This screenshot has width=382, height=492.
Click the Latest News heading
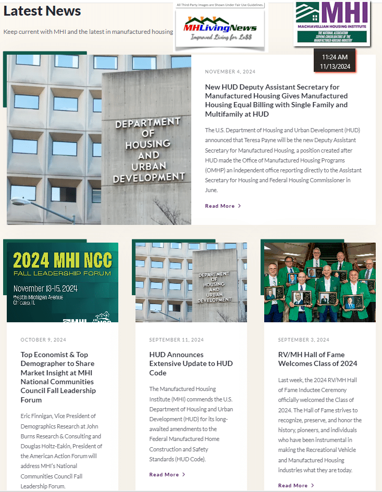tap(42, 11)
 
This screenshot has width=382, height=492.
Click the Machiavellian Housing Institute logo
tap(332, 22)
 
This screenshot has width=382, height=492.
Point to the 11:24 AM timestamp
tap(335, 57)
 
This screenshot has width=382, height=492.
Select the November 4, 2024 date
tap(230, 72)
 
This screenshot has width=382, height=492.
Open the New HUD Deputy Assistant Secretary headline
tap(276, 100)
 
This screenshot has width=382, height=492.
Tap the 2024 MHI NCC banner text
tap(62, 260)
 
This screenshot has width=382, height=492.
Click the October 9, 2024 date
tap(43, 340)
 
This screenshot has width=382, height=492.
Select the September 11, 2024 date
tap(176, 340)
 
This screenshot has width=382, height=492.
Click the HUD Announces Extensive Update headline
tap(191, 363)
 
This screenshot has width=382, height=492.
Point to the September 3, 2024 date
tap(304, 340)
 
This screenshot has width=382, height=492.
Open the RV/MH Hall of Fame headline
tap(317, 359)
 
